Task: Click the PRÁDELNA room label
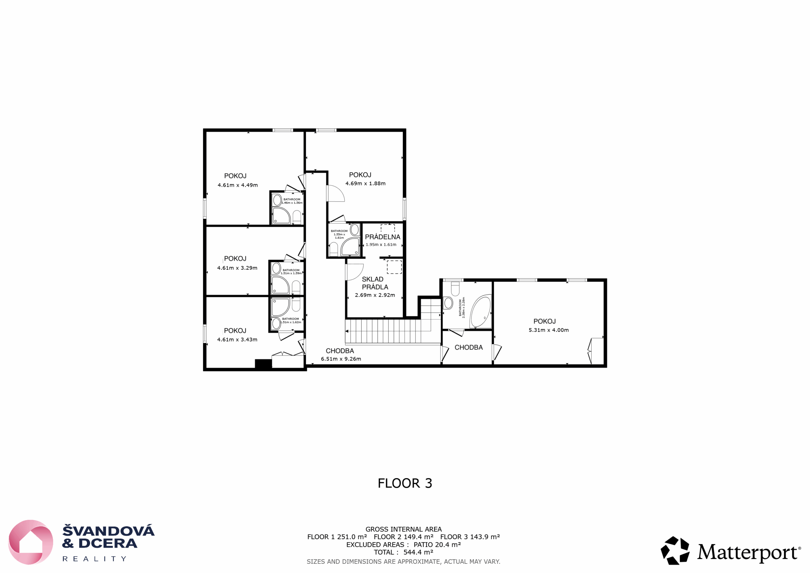tap(383, 237)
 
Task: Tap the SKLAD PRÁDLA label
tap(375, 283)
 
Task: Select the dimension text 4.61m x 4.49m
tap(237, 185)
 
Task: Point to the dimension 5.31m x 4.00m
tap(549, 330)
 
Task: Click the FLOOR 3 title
tap(405, 483)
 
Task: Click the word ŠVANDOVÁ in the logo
tap(108, 530)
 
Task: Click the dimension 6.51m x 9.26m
tap(341, 359)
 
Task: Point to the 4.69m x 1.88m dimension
tap(365, 184)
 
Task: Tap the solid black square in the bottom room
tap(263, 364)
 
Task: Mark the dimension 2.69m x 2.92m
tap(375, 295)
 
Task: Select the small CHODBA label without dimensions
tap(469, 347)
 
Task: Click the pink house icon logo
tap(31, 542)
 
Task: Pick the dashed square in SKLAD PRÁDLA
tap(395, 267)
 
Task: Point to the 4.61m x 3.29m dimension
tap(237, 268)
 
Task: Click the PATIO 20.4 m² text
tap(437, 545)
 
